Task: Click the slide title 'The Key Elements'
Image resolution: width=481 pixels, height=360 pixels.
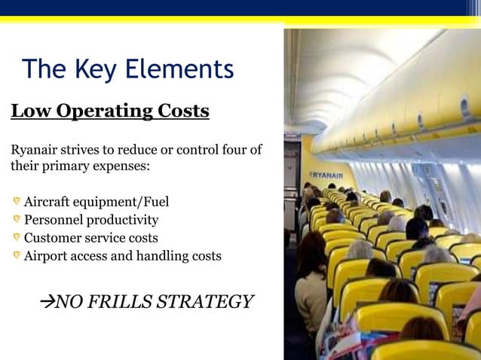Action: click(128, 69)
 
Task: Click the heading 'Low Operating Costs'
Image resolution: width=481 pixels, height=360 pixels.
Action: click(110, 111)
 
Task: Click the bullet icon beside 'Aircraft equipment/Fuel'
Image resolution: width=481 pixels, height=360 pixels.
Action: click(16, 201)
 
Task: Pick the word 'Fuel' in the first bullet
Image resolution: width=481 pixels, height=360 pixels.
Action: click(153, 202)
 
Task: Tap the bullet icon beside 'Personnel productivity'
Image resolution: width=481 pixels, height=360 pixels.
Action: click(16, 219)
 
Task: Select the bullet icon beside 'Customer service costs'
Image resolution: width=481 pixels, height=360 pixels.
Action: click(16, 237)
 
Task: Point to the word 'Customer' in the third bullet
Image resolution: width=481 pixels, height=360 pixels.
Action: click(53, 238)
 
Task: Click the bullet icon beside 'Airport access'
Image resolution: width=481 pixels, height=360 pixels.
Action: click(16, 255)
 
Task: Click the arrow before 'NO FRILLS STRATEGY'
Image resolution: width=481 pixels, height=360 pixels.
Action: click(47, 303)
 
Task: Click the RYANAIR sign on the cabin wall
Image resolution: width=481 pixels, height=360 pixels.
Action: click(326, 175)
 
